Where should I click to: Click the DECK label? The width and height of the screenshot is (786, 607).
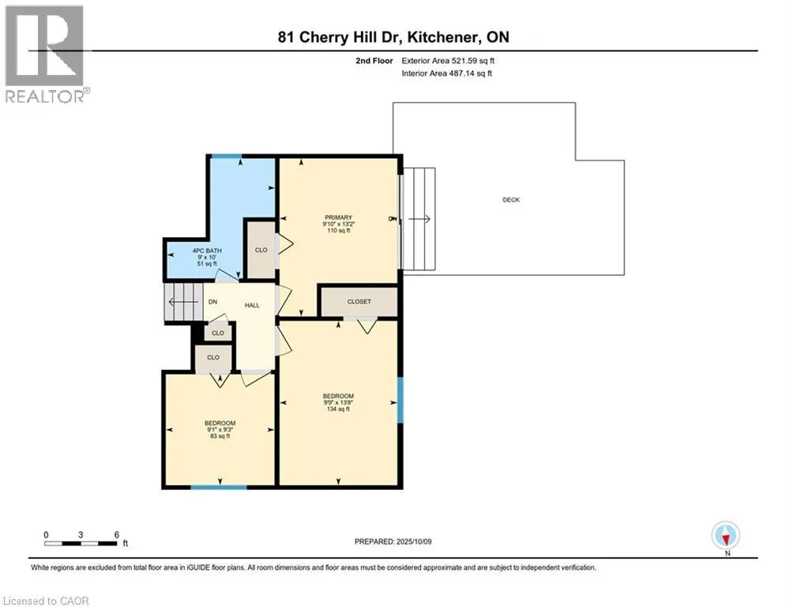(x=511, y=200)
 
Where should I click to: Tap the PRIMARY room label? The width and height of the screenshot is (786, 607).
(x=338, y=217)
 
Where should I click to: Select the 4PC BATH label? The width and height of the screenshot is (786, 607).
(x=207, y=251)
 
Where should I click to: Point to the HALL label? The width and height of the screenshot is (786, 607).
(x=252, y=305)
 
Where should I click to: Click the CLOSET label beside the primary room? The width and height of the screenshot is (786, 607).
(x=359, y=301)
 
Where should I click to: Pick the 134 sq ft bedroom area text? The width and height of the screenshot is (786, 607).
(x=338, y=409)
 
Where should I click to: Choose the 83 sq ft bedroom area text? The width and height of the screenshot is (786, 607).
(x=220, y=436)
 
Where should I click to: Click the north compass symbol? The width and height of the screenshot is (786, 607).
(x=726, y=536)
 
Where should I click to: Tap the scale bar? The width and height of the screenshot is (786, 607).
(x=81, y=543)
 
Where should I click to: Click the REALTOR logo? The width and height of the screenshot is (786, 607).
(x=46, y=55)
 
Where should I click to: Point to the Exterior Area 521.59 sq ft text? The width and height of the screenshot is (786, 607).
(x=448, y=61)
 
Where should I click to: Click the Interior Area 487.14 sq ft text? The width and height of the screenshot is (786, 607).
(x=446, y=74)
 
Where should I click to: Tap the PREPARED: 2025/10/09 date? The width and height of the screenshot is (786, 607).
(x=393, y=541)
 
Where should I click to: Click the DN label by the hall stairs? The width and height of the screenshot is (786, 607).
(x=212, y=302)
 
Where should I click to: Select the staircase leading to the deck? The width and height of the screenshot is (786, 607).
(x=419, y=219)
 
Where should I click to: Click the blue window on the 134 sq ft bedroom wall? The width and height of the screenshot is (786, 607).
(x=400, y=400)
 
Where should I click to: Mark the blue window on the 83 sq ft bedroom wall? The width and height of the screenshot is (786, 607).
(x=219, y=487)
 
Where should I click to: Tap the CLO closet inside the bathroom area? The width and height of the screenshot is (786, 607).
(x=261, y=250)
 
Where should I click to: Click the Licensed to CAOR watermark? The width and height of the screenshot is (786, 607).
(x=46, y=601)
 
